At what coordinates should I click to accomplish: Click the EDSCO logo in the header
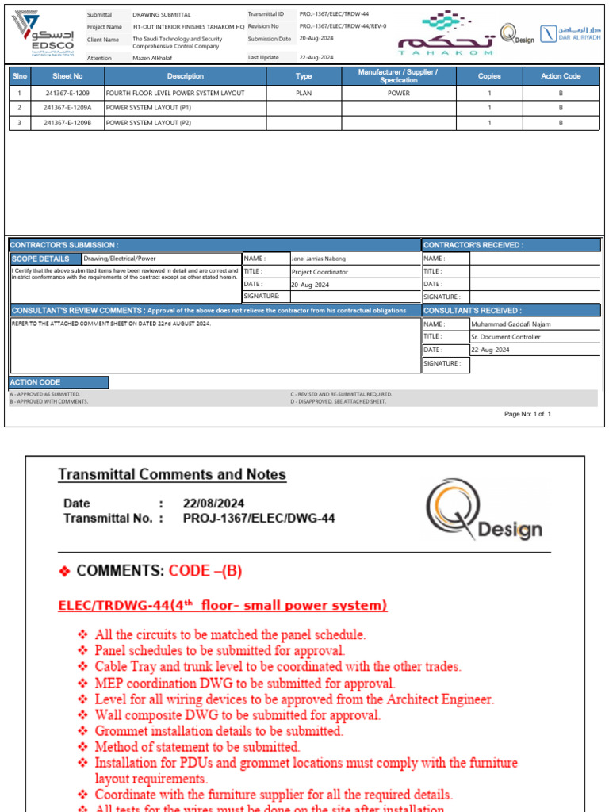point(44,35)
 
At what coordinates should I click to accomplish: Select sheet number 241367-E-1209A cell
point(67,108)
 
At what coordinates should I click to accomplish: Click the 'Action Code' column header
point(561,76)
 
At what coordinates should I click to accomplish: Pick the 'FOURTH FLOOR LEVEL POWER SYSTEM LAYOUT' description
point(175,93)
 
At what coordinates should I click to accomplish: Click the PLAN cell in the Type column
point(304,93)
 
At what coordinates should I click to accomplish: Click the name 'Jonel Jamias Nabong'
point(319,259)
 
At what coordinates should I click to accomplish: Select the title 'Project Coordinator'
point(320,271)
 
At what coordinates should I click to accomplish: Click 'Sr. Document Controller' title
point(506,336)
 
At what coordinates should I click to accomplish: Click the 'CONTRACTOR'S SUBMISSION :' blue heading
point(65,245)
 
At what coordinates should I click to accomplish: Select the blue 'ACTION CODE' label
point(36,382)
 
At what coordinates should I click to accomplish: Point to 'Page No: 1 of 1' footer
point(527,414)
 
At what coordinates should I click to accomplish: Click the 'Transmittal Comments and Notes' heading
point(172,475)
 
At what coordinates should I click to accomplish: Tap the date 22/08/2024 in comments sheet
point(214,504)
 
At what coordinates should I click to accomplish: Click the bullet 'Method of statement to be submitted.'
point(197,747)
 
